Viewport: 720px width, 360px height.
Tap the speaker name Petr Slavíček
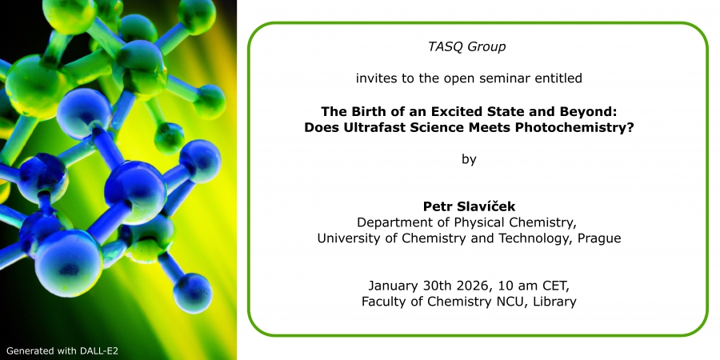coord(469,206)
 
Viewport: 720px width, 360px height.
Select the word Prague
coord(600,238)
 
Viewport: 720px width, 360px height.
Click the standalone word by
coord(469,159)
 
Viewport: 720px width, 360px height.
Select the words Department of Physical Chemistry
coord(467,222)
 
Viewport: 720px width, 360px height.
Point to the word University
coord(349,238)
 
